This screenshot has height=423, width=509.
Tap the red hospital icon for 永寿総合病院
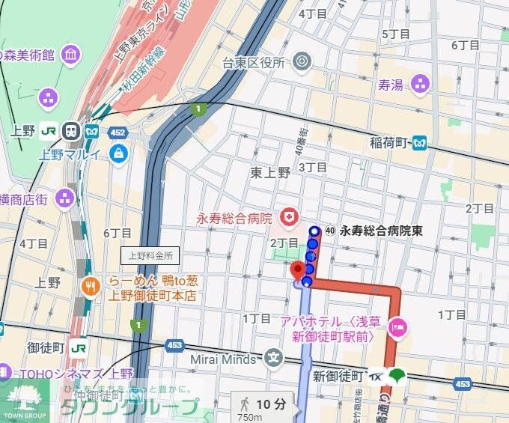click(x=287, y=218)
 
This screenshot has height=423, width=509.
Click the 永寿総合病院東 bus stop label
click(x=380, y=231)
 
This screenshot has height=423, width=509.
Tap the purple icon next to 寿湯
click(x=420, y=85)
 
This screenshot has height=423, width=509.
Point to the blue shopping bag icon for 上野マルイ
click(x=118, y=154)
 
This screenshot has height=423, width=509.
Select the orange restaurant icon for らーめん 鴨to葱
click(x=91, y=287)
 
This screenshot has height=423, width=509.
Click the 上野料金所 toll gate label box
click(x=150, y=255)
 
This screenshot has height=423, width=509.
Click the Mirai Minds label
click(x=223, y=358)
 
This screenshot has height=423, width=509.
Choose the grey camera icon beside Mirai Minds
click(x=272, y=358)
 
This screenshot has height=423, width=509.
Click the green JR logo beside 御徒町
click(x=78, y=347)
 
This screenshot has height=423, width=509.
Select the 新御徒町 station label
click(x=338, y=375)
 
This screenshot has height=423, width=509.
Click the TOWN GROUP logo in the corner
click(x=24, y=401)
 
